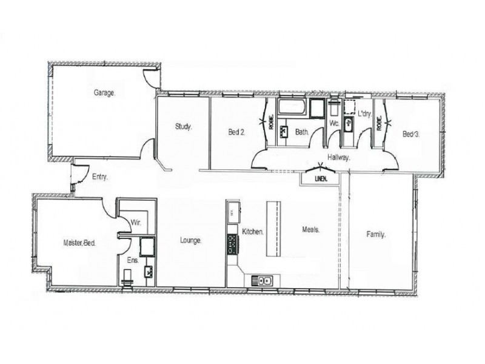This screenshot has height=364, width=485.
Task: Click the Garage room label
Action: tap(104, 93)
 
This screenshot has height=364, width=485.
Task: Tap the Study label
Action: tap(183, 127)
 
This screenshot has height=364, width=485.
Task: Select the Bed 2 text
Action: tap(236, 132)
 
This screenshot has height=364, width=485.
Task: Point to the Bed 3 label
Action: tap(411, 134)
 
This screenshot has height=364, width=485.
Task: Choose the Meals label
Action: tap(311, 229)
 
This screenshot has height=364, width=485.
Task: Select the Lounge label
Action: tap(190, 240)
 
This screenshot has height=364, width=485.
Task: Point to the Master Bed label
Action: tap(79, 242)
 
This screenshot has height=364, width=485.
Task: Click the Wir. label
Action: tap(136, 223)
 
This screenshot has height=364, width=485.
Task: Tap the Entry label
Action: tap(100, 177)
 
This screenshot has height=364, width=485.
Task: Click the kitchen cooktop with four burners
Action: tap(233, 244)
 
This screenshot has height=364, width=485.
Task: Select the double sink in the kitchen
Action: tap(264, 280)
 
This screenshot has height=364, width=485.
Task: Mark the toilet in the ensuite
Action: tap(126, 277)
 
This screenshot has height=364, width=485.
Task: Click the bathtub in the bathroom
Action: tap(293, 109)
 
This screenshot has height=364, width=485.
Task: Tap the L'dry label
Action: tap(364, 113)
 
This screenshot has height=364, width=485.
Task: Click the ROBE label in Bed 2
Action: tap(270, 124)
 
